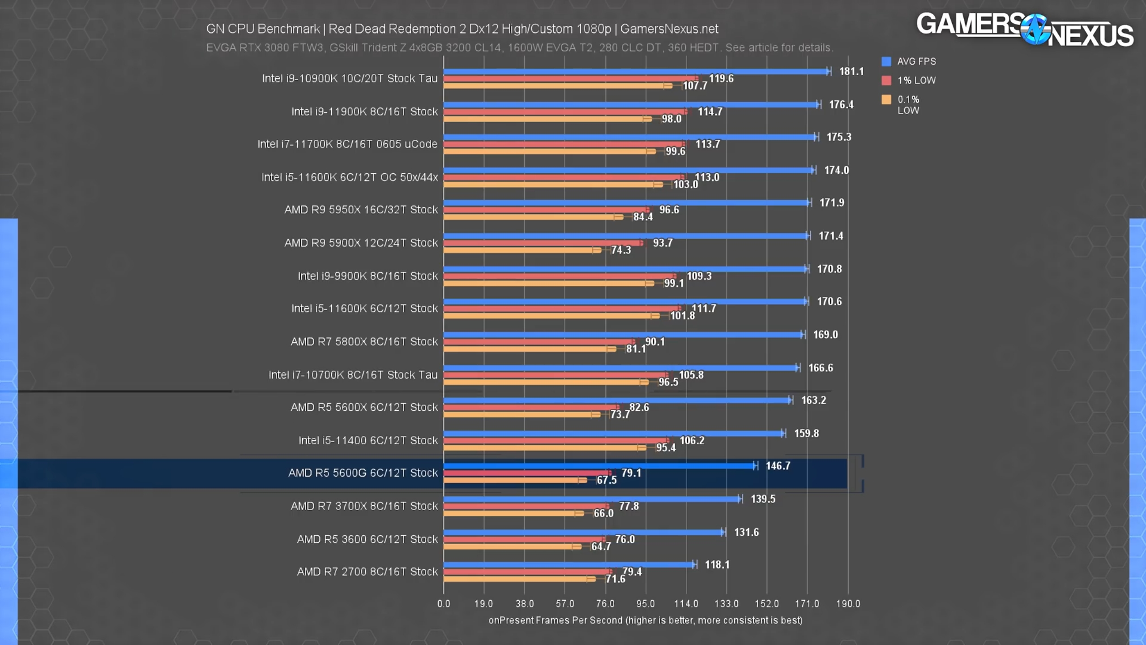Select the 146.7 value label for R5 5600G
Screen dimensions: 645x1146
click(x=778, y=466)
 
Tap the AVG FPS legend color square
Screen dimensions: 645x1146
click(x=886, y=61)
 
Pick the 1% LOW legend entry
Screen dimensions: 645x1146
click(x=916, y=81)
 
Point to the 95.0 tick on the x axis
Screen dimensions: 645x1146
click(x=645, y=604)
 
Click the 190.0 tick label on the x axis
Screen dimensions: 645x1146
click(x=848, y=604)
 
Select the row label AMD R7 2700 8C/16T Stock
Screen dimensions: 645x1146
click(x=367, y=572)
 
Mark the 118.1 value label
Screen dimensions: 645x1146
click(x=717, y=565)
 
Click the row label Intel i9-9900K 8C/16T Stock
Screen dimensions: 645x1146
click(x=368, y=276)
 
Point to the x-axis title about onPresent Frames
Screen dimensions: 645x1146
click(x=645, y=620)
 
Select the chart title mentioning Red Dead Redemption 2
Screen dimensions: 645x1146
click(x=462, y=29)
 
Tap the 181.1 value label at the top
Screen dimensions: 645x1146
click(x=851, y=72)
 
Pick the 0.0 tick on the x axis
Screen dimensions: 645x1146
click(x=444, y=604)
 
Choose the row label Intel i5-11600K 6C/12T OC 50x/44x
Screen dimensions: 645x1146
click(x=349, y=177)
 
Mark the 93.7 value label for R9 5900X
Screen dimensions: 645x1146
click(x=663, y=243)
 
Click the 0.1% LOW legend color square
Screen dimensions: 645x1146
click(x=886, y=99)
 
